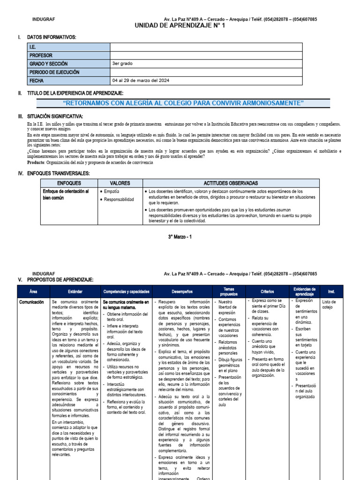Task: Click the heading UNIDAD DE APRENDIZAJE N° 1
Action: click(180, 26)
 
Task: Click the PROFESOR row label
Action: click(41, 55)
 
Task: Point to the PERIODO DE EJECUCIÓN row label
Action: click(54, 72)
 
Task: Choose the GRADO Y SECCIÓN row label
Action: click(49, 64)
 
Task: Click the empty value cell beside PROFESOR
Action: click(220, 55)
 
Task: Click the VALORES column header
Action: click(120, 183)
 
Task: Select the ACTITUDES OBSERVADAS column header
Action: click(231, 183)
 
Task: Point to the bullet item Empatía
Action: click(112, 192)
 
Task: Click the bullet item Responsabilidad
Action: click(120, 200)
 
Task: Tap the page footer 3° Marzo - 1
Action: click(180, 237)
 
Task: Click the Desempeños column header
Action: click(182, 292)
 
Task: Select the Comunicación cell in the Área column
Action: click(32, 303)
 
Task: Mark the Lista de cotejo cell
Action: click(330, 305)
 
